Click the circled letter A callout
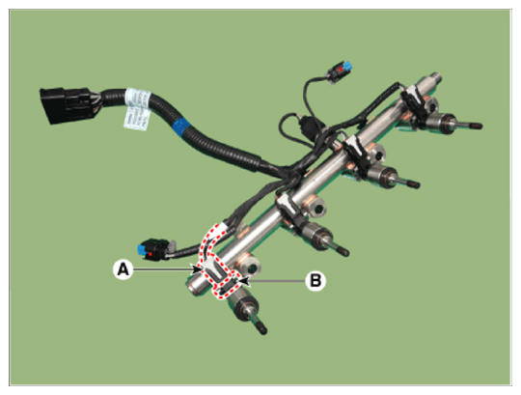[123, 269]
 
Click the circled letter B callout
[315, 281]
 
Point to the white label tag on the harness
[137, 109]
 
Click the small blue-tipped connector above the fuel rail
[340, 71]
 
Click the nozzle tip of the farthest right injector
[477, 126]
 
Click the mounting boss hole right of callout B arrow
[253, 267]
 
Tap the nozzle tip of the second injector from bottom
[343, 251]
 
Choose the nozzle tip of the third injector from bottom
[413, 183]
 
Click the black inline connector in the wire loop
[308, 127]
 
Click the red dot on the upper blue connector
[341, 69]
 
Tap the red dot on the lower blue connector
[151, 254]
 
